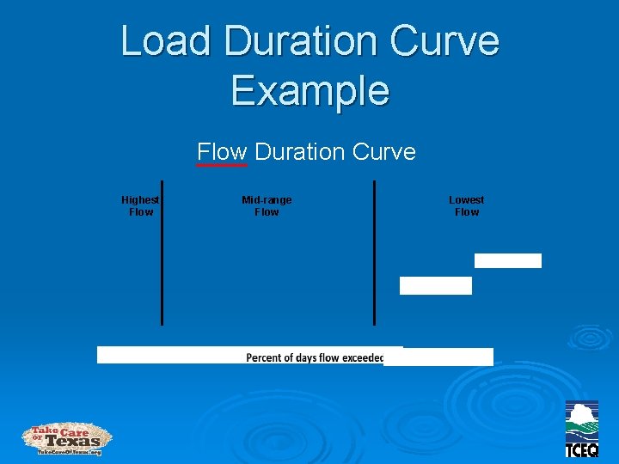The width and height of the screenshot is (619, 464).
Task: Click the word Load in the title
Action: click(163, 40)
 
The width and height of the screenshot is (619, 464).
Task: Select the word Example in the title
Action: click(309, 90)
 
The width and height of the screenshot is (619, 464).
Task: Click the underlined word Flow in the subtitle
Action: click(222, 152)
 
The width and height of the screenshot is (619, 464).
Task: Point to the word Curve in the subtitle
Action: click(383, 152)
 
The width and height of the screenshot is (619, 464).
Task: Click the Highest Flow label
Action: click(140, 205)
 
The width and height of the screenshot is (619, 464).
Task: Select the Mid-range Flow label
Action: click(267, 205)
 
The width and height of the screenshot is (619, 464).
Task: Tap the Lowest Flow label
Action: click(467, 205)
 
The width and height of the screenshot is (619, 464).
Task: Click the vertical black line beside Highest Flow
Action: click(162, 253)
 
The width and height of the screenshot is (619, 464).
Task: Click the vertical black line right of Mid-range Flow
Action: click(374, 253)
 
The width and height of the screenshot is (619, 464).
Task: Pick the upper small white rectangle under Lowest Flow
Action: click(508, 260)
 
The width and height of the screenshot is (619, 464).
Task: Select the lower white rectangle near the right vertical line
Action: click(436, 285)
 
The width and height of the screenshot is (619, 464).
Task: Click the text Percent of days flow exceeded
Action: click(315, 357)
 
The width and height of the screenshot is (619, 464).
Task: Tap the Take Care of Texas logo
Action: click(67, 438)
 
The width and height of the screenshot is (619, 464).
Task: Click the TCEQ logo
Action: click(582, 429)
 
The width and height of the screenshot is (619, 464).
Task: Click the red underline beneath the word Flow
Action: click(222, 165)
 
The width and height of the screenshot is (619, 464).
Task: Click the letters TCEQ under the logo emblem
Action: click(582, 449)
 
